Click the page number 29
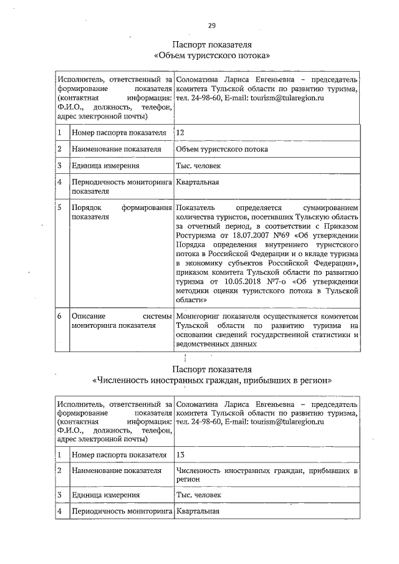(212, 26)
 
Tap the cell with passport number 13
(181, 455)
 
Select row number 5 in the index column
(59, 208)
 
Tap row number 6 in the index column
(59, 317)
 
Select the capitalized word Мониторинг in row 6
(199, 317)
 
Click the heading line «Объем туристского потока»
(211, 56)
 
